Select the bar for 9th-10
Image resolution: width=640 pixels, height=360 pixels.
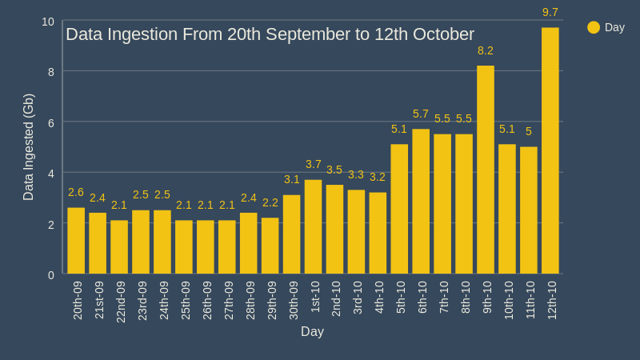486,170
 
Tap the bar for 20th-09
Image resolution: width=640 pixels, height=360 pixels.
76,241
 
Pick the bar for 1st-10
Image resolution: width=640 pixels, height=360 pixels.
314,226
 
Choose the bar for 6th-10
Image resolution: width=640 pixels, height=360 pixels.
421,202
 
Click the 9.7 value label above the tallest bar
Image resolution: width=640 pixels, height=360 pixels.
550,12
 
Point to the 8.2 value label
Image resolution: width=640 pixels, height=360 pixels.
486,50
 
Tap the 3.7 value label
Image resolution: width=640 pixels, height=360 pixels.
314,164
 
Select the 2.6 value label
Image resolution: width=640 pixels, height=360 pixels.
76,192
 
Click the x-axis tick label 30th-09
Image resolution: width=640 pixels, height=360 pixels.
293,300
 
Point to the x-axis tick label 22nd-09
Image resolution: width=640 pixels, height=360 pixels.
121,301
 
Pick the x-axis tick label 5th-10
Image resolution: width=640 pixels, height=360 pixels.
401,297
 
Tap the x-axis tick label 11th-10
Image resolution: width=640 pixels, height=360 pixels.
530,300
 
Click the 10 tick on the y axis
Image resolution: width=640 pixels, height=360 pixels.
48,22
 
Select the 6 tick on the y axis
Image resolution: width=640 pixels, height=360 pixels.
51,122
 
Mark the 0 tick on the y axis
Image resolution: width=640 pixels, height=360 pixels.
51,275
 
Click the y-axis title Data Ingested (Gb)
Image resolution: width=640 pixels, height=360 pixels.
29,147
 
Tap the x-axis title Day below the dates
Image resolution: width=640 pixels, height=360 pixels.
312,331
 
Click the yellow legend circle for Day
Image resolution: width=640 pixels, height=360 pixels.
594,27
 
